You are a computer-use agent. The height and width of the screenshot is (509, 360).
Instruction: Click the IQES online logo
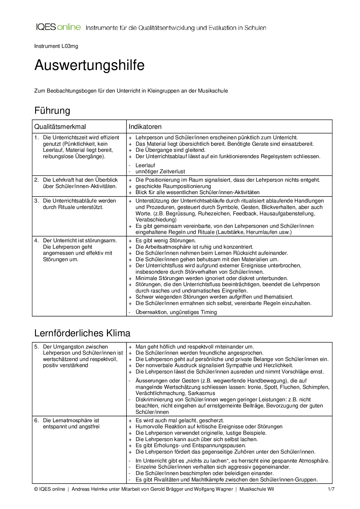tap(58, 27)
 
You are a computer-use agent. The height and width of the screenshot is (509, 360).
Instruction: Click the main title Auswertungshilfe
tap(89, 65)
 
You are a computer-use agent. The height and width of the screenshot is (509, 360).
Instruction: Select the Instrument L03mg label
tap(56, 46)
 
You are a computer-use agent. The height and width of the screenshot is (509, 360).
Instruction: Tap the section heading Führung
tap(52, 111)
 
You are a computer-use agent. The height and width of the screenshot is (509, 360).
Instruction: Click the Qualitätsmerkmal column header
tap(60, 127)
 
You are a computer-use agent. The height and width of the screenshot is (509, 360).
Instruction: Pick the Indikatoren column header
tap(145, 127)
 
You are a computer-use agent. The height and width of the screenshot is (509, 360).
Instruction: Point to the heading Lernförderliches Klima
tap(82, 333)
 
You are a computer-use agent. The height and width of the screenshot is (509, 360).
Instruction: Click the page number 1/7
tap(331, 489)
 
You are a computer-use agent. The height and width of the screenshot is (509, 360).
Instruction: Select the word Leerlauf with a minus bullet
tap(145, 165)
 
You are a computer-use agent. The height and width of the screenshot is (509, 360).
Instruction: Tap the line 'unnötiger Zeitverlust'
tap(160, 172)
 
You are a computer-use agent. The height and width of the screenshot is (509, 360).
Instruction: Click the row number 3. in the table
tap(36, 201)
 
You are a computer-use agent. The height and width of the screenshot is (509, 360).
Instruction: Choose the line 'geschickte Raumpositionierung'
tap(173, 186)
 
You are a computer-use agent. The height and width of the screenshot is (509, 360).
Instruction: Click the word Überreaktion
tap(149, 312)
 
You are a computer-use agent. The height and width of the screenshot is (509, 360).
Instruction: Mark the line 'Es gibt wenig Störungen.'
tap(165, 241)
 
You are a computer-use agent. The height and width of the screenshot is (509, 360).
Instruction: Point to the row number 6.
tap(36, 420)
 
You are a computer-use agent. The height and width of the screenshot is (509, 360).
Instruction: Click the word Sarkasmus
tap(201, 394)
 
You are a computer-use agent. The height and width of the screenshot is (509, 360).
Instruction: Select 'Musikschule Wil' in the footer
tap(256, 489)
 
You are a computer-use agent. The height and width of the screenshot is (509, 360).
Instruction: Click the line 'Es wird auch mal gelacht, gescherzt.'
tap(180, 420)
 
